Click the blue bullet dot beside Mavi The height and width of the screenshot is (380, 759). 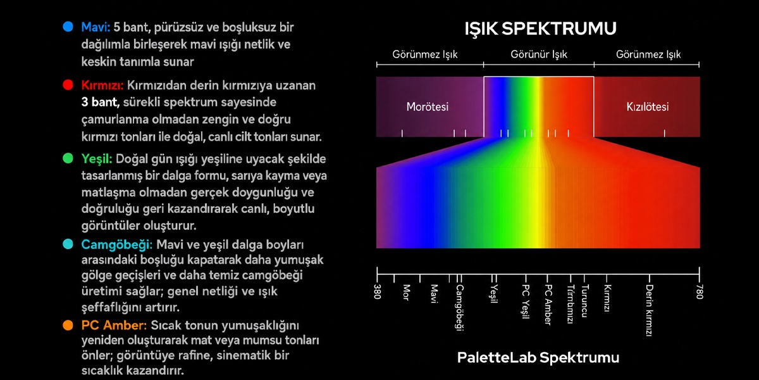[x=68, y=27]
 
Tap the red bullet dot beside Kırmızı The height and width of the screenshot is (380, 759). [x=68, y=85]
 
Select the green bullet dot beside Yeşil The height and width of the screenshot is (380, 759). [x=68, y=158]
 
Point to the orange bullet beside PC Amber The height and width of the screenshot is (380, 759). [x=68, y=325]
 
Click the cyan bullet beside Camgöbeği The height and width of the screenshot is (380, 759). [x=68, y=244]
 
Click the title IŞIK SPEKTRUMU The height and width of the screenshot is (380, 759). [x=540, y=28]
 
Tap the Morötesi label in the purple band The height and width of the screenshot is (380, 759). [x=428, y=107]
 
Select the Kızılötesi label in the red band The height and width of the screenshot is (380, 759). [x=648, y=107]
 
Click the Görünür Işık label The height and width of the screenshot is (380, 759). [x=539, y=54]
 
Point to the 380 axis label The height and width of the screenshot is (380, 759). [x=378, y=292]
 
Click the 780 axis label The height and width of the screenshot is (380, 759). [x=700, y=292]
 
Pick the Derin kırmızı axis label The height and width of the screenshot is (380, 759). [x=649, y=310]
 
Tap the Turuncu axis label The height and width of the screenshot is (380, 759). [x=584, y=301]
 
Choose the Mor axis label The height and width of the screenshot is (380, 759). [x=406, y=293]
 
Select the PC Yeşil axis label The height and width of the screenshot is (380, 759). [x=525, y=302]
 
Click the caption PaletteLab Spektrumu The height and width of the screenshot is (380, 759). [x=538, y=358]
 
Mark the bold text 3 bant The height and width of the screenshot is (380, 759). [x=100, y=102]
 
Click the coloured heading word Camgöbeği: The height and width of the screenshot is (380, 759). [x=117, y=244]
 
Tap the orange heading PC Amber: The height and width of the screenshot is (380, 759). [x=114, y=326]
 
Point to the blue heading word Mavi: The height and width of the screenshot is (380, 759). [x=96, y=27]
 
